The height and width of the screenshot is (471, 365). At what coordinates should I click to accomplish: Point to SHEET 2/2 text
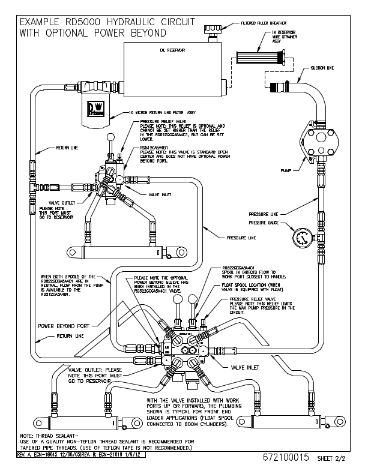coord(332,458)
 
